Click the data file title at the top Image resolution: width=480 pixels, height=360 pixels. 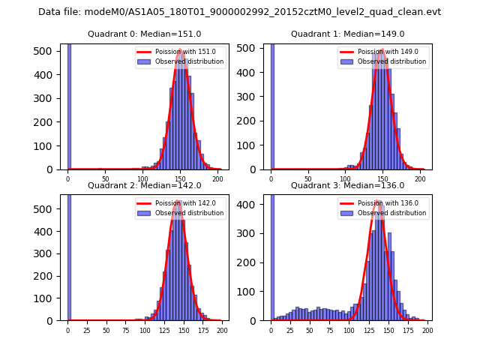[x=239, y=12]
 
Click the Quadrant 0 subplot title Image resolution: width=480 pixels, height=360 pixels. [x=144, y=34]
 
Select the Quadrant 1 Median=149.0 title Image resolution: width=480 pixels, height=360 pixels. [x=347, y=34]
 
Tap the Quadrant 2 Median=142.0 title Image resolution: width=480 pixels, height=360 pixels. [x=144, y=185]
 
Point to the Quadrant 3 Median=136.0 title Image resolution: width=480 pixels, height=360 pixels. [x=347, y=185]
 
